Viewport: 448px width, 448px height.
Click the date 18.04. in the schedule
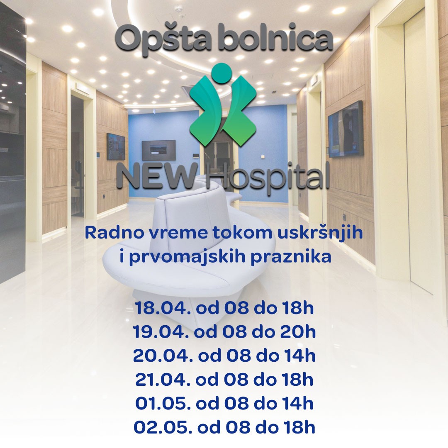160,308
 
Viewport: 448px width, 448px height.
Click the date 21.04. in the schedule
160,379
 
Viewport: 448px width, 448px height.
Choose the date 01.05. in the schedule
160,403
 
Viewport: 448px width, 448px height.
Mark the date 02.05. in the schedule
159,427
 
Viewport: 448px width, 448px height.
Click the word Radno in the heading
109,232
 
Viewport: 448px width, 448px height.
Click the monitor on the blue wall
158,150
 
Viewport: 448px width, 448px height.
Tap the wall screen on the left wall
116,146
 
